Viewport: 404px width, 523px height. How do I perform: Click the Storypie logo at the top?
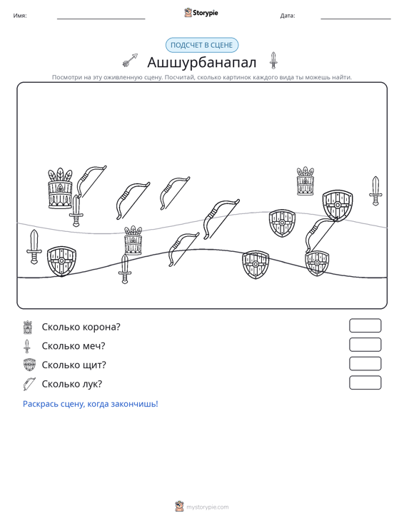tap(201, 13)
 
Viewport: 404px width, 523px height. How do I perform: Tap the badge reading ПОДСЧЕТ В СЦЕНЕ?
tap(202, 45)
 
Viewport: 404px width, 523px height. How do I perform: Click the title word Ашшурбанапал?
tap(202, 62)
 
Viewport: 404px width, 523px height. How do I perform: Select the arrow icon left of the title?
tap(130, 60)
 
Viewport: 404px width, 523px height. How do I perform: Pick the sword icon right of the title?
tap(273, 61)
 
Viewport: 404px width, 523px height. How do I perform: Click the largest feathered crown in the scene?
tap(61, 188)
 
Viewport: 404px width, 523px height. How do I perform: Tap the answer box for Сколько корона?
tap(365, 325)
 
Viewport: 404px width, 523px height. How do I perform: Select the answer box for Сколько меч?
tap(365, 345)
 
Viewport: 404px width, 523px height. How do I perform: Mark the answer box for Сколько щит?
tap(365, 364)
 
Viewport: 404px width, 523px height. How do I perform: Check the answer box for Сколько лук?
tap(365, 382)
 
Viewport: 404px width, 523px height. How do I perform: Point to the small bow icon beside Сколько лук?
tap(29, 384)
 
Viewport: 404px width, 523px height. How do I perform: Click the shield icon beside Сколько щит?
tap(29, 365)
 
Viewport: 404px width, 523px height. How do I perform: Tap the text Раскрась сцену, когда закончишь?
tap(91, 404)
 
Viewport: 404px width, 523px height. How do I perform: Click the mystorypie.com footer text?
tap(207, 507)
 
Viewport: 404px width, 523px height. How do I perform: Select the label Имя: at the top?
tap(20, 16)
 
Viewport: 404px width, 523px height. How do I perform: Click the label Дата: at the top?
tap(288, 16)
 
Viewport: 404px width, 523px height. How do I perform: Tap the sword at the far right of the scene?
tap(375, 191)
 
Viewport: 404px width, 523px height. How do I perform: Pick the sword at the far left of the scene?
tap(34, 247)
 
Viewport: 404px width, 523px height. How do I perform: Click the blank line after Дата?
tap(355, 19)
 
